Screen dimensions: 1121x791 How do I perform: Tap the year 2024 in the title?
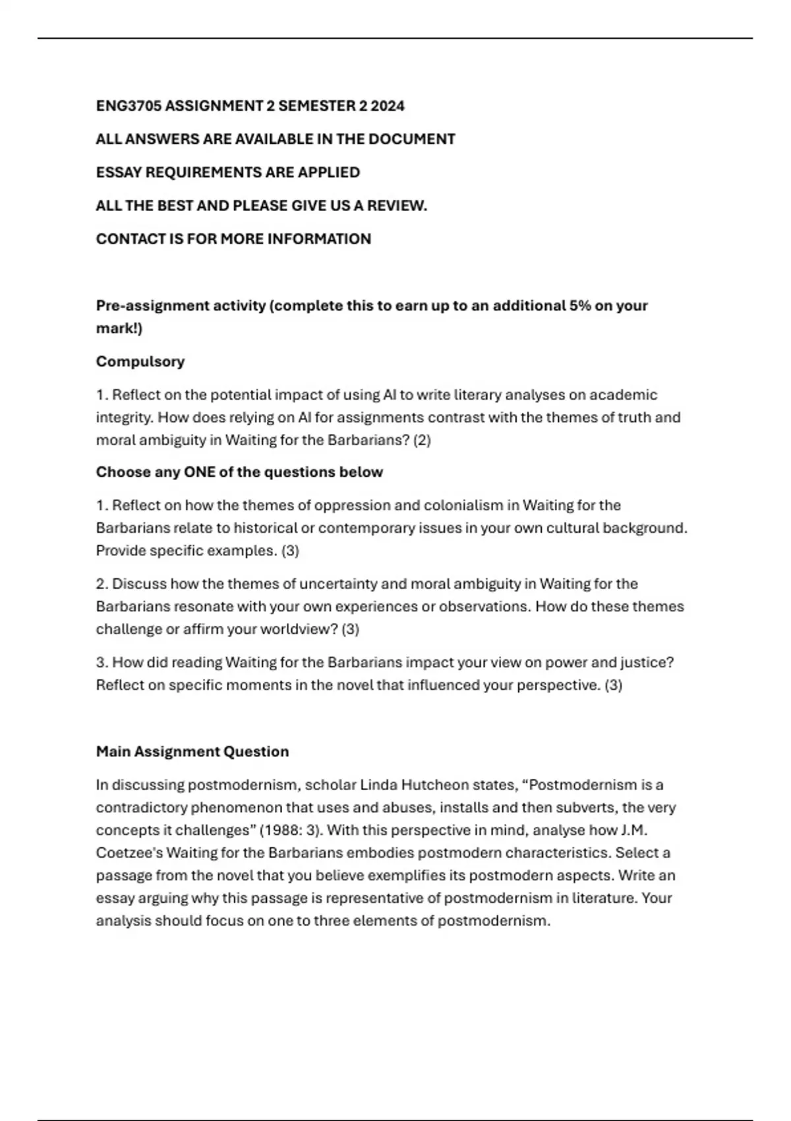388,106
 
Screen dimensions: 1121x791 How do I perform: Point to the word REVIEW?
397,206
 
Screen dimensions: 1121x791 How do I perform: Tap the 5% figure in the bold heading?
580,306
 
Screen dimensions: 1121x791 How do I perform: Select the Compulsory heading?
140,361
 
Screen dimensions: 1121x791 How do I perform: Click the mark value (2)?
422,440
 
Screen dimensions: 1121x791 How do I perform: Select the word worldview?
300,629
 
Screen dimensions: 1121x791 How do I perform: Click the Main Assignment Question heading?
192,752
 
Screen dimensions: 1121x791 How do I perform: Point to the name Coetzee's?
129,853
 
